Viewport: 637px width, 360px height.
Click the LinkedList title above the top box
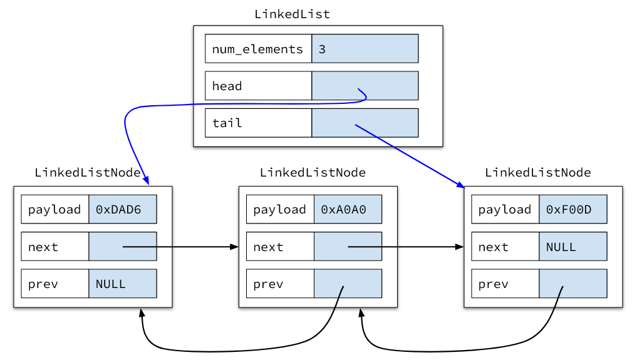(292, 14)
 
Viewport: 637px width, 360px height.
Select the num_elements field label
(257, 49)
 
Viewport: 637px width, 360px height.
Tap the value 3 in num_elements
(322, 49)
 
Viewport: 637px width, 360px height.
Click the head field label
(227, 86)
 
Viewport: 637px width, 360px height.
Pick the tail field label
(227, 123)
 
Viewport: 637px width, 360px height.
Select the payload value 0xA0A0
(343, 209)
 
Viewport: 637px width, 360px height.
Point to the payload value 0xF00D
(568, 209)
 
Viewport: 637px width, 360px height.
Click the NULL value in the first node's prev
(111, 284)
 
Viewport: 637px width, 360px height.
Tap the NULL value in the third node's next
(561, 247)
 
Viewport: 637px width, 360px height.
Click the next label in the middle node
(268, 247)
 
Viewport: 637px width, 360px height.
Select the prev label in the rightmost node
(493, 284)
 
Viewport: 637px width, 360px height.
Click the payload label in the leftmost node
(54, 209)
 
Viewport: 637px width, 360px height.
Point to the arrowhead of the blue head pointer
(147, 182)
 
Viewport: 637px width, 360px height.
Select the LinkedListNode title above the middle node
(313, 172)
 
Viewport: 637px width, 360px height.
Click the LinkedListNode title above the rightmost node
(537, 172)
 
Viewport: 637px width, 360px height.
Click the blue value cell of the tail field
(365, 123)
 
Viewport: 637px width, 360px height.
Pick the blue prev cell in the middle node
(348, 284)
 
